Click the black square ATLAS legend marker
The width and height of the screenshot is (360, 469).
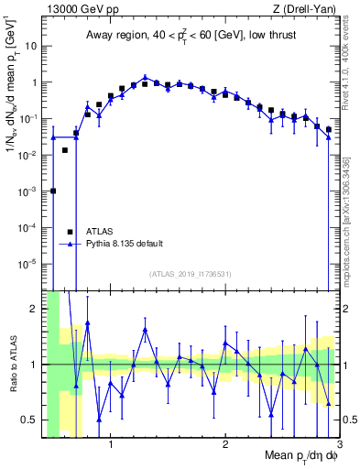[70, 232]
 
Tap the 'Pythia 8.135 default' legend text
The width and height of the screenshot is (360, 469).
[125, 244]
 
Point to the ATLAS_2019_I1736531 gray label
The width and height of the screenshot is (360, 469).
[190, 274]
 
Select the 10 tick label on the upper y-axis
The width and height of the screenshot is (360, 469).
[33, 46]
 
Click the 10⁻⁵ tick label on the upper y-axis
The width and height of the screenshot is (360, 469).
[29, 263]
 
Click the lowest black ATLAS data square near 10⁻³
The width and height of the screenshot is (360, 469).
[53, 191]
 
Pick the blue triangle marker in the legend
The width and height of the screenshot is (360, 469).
[70, 244]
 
